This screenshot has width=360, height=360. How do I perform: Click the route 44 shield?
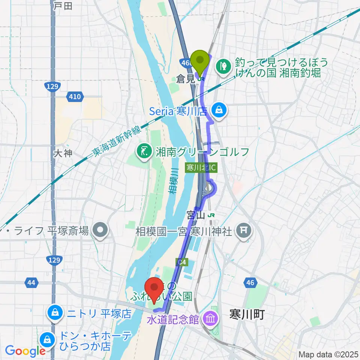32,282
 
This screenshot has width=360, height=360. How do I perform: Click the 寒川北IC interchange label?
201,167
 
